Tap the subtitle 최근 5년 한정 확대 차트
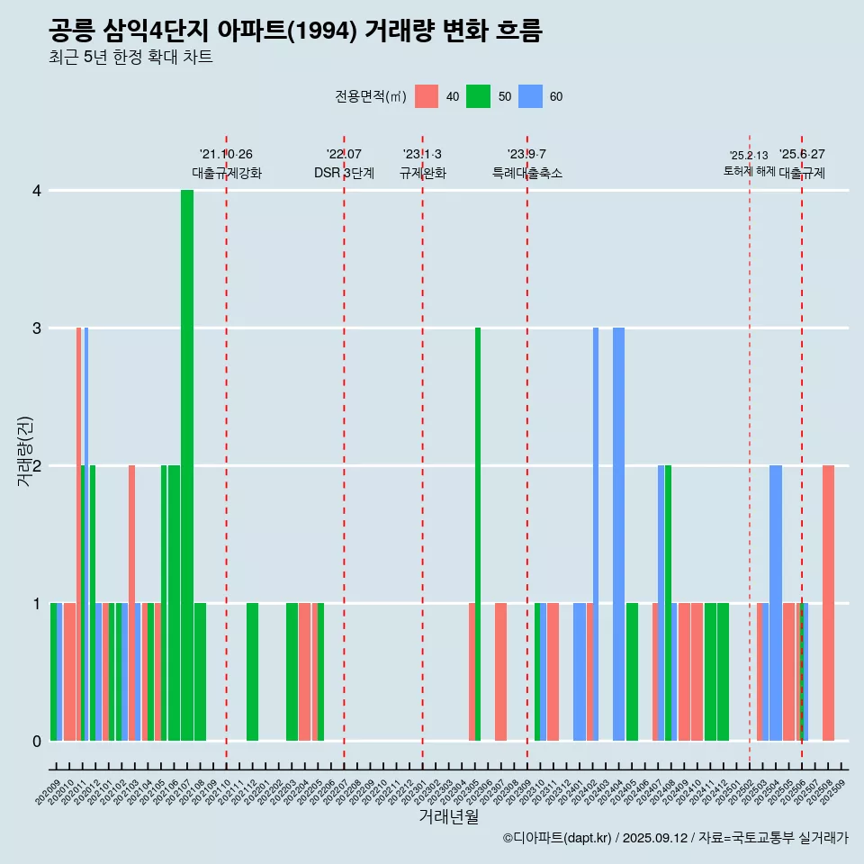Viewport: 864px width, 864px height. click(x=130, y=58)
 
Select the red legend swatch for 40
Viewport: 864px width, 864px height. click(x=427, y=96)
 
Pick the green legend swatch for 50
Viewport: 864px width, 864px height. click(x=478, y=96)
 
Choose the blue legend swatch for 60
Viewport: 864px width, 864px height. click(x=530, y=96)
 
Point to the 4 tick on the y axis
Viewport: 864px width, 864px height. click(x=37, y=191)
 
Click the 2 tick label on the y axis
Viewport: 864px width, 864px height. click(x=37, y=466)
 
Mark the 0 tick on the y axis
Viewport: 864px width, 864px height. click(x=37, y=742)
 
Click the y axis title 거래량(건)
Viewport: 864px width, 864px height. click(x=25, y=450)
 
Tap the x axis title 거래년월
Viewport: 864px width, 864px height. click(x=448, y=816)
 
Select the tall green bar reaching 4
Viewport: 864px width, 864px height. click(x=187, y=465)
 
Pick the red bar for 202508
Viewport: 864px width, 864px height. click(x=828, y=603)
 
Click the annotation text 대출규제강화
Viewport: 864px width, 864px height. click(x=227, y=173)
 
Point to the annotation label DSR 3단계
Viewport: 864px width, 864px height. click(x=344, y=173)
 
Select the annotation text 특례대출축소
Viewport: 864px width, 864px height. click(x=527, y=173)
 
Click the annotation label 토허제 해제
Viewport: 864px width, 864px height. click(x=749, y=171)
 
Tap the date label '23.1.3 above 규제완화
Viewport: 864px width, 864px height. click(x=422, y=154)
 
